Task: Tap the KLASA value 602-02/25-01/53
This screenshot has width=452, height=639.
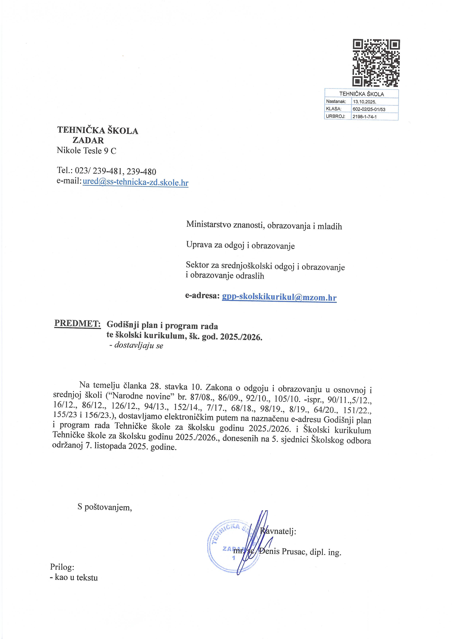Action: click(369, 109)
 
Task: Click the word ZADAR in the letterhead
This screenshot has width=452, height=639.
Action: click(88, 140)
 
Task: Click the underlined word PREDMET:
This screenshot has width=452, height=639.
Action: click(77, 323)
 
